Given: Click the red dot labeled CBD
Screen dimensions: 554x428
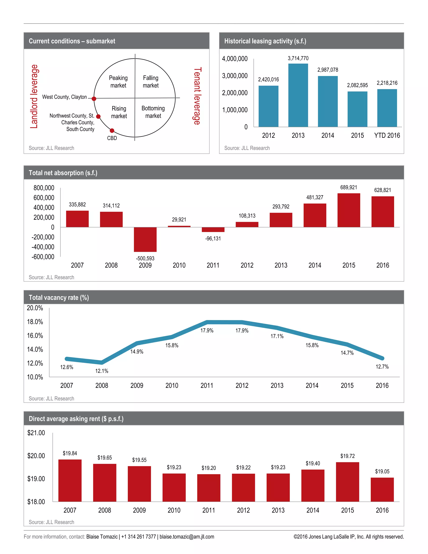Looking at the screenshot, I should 112,131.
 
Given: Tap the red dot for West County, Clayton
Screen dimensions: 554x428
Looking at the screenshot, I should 94,99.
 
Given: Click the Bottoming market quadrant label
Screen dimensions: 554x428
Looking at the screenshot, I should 153,112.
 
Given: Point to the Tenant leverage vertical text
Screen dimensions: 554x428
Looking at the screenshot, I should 197,96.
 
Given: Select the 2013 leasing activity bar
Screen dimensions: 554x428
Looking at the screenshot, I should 298,95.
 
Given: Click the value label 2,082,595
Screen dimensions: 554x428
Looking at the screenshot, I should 357,85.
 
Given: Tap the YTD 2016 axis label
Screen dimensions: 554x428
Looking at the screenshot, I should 387,135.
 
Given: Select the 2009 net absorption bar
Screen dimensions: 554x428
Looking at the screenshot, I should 145,239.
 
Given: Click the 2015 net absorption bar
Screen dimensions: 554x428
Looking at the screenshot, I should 349,210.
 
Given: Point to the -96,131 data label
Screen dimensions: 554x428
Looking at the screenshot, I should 213,239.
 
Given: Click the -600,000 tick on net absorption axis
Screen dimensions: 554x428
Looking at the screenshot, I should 43,257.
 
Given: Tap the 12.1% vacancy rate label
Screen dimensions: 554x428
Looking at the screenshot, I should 102,371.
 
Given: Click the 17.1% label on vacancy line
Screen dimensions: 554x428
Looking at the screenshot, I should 277,336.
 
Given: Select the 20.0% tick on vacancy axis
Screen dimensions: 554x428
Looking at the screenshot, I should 35,308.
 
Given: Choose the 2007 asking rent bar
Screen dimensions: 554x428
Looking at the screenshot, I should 70,480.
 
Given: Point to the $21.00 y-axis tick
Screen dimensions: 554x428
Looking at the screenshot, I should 36,433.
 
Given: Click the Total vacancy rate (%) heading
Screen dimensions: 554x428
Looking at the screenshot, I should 59,297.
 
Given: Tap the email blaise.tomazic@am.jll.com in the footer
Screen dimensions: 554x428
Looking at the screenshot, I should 187,536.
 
